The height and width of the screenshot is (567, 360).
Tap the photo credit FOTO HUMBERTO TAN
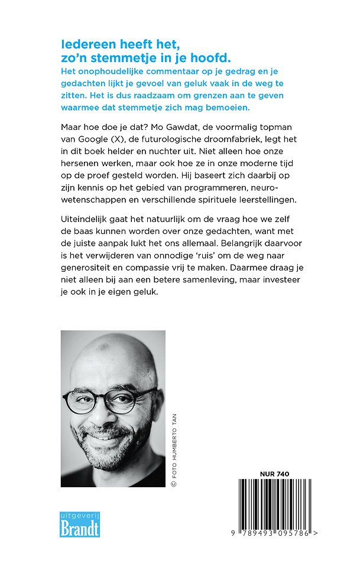174,449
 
